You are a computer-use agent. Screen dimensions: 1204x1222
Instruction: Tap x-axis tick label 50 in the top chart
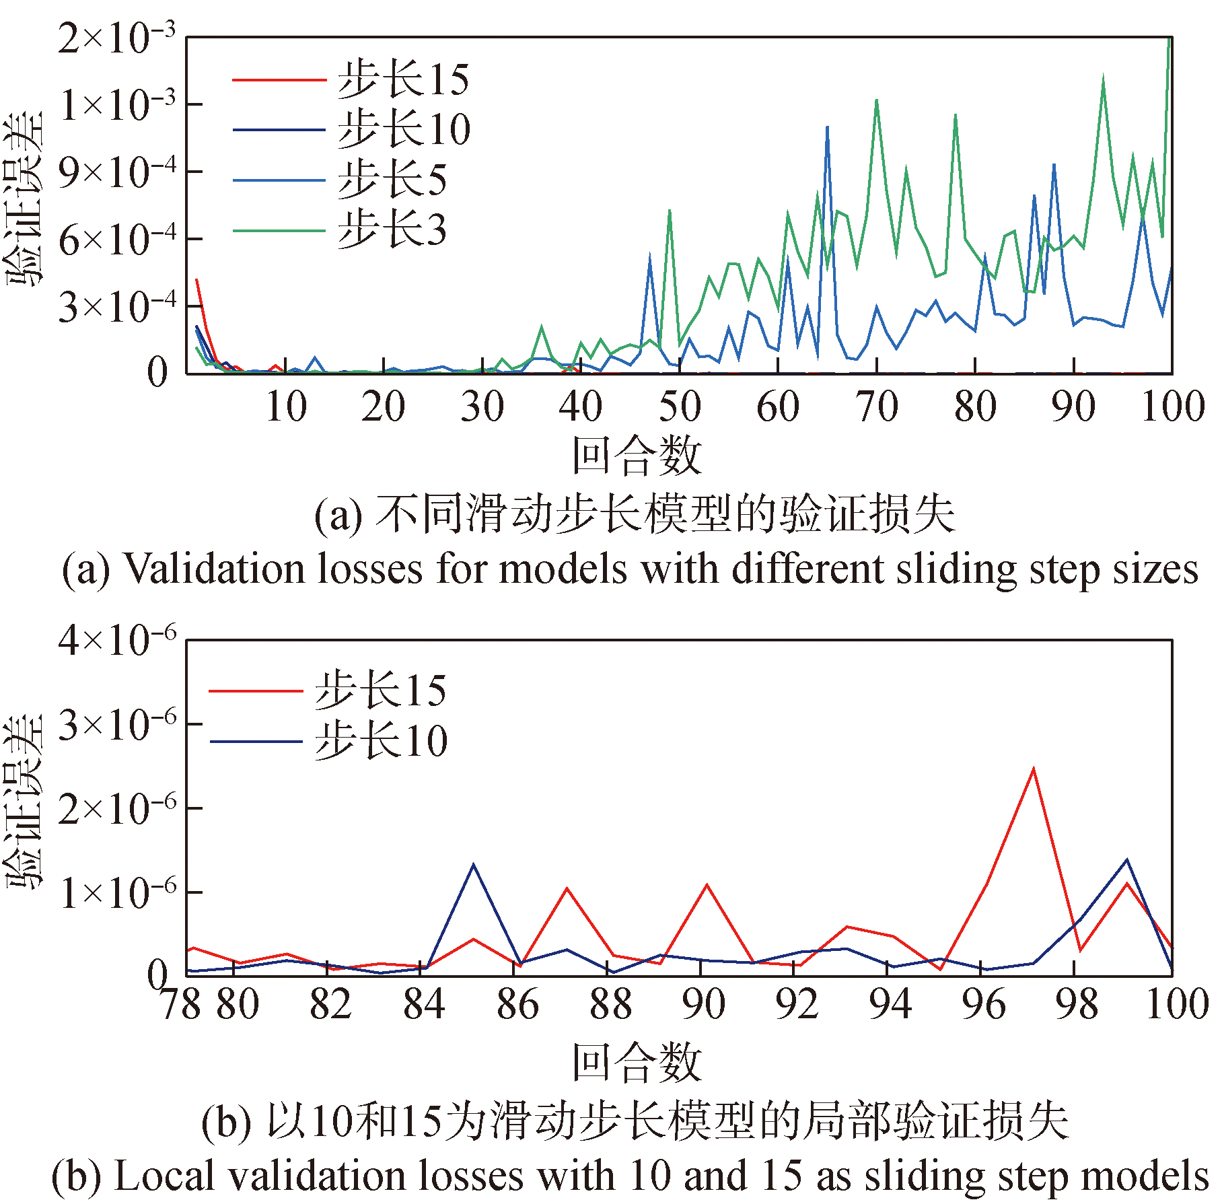(680, 407)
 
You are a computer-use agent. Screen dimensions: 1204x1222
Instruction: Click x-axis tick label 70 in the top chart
(877, 407)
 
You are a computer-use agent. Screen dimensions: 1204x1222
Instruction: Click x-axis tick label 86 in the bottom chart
(517, 1005)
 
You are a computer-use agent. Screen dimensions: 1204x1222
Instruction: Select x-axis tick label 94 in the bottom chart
(890, 1005)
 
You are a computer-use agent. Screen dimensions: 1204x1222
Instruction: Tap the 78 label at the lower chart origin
(180, 1005)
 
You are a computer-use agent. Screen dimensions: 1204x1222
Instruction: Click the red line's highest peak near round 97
(1033, 769)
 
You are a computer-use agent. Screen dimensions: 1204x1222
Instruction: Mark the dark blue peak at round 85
(474, 865)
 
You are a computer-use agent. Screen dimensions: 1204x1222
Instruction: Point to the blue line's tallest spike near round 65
(827, 127)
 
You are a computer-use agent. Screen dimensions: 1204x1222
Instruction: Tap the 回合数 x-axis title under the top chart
(637, 456)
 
